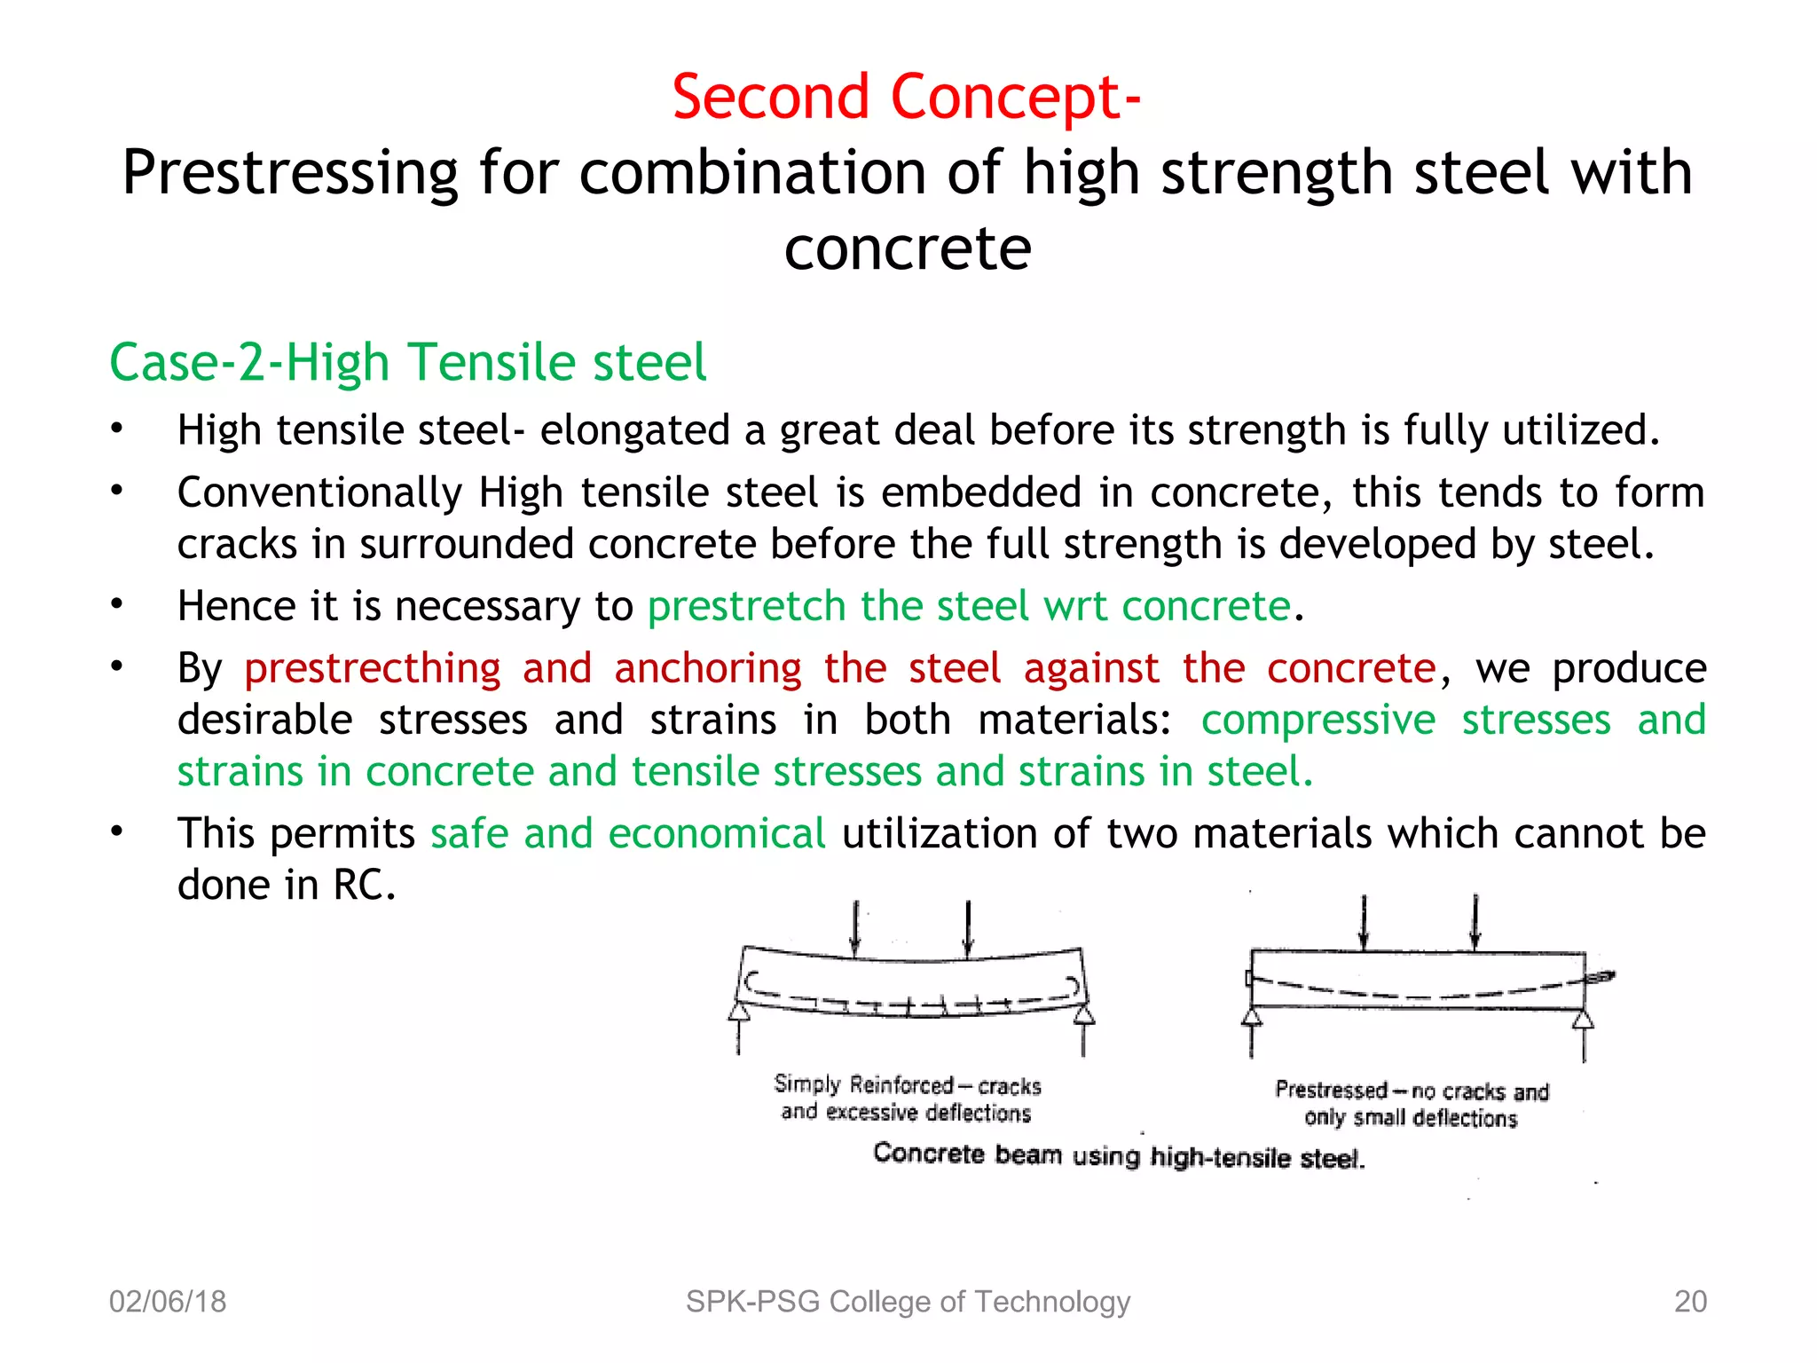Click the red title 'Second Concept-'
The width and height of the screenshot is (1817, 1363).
point(906,97)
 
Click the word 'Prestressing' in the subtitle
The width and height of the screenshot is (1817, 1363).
point(290,172)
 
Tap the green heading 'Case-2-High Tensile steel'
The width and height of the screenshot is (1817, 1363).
point(407,362)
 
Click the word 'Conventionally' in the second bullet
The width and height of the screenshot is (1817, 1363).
point(319,492)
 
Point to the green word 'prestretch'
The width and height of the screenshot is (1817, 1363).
point(746,607)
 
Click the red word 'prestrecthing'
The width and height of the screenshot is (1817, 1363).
point(373,668)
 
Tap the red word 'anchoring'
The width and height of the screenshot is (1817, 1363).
point(708,668)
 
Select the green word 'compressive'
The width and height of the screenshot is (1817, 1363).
point(1318,720)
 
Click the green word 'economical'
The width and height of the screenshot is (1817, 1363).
point(717,834)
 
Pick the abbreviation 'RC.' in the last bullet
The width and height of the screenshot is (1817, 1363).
point(364,886)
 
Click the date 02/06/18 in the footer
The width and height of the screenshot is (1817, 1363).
point(168,1302)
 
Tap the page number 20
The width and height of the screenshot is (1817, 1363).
point(1690,1302)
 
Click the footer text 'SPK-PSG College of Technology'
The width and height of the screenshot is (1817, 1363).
point(908,1302)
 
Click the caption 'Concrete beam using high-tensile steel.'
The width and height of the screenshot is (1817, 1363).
point(1119,1155)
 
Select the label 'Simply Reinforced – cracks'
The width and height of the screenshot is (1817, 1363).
point(907,1085)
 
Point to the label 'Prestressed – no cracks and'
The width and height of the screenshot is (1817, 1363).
point(1412,1091)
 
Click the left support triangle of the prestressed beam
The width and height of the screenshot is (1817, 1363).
point(1252,1017)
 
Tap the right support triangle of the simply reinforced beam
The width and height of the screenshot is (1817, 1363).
point(1084,1014)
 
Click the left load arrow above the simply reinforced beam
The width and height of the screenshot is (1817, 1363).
point(855,928)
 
